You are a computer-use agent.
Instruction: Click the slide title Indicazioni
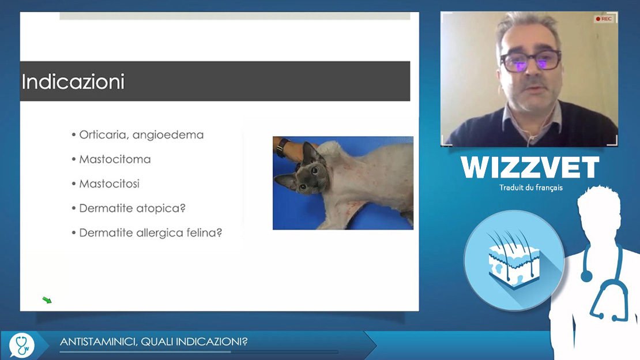coord(73,82)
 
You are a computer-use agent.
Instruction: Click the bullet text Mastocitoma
coord(115,159)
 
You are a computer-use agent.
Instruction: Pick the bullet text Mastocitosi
coord(109,184)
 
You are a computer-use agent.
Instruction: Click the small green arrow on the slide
coord(47,301)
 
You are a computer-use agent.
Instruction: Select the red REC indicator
coord(603,19)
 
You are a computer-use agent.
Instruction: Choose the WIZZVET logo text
coord(530,167)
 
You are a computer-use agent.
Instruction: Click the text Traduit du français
coord(530,188)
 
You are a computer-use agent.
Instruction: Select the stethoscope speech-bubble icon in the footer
coord(21,346)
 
